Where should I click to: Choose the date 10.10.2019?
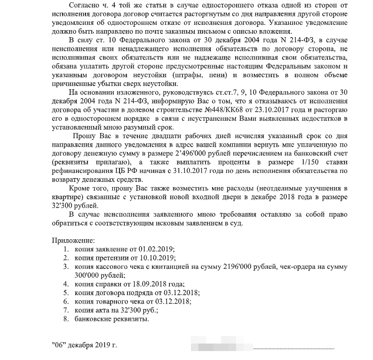pyautogui.click(x=159, y=258)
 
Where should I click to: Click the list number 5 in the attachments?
pyautogui.click(x=66, y=293)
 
